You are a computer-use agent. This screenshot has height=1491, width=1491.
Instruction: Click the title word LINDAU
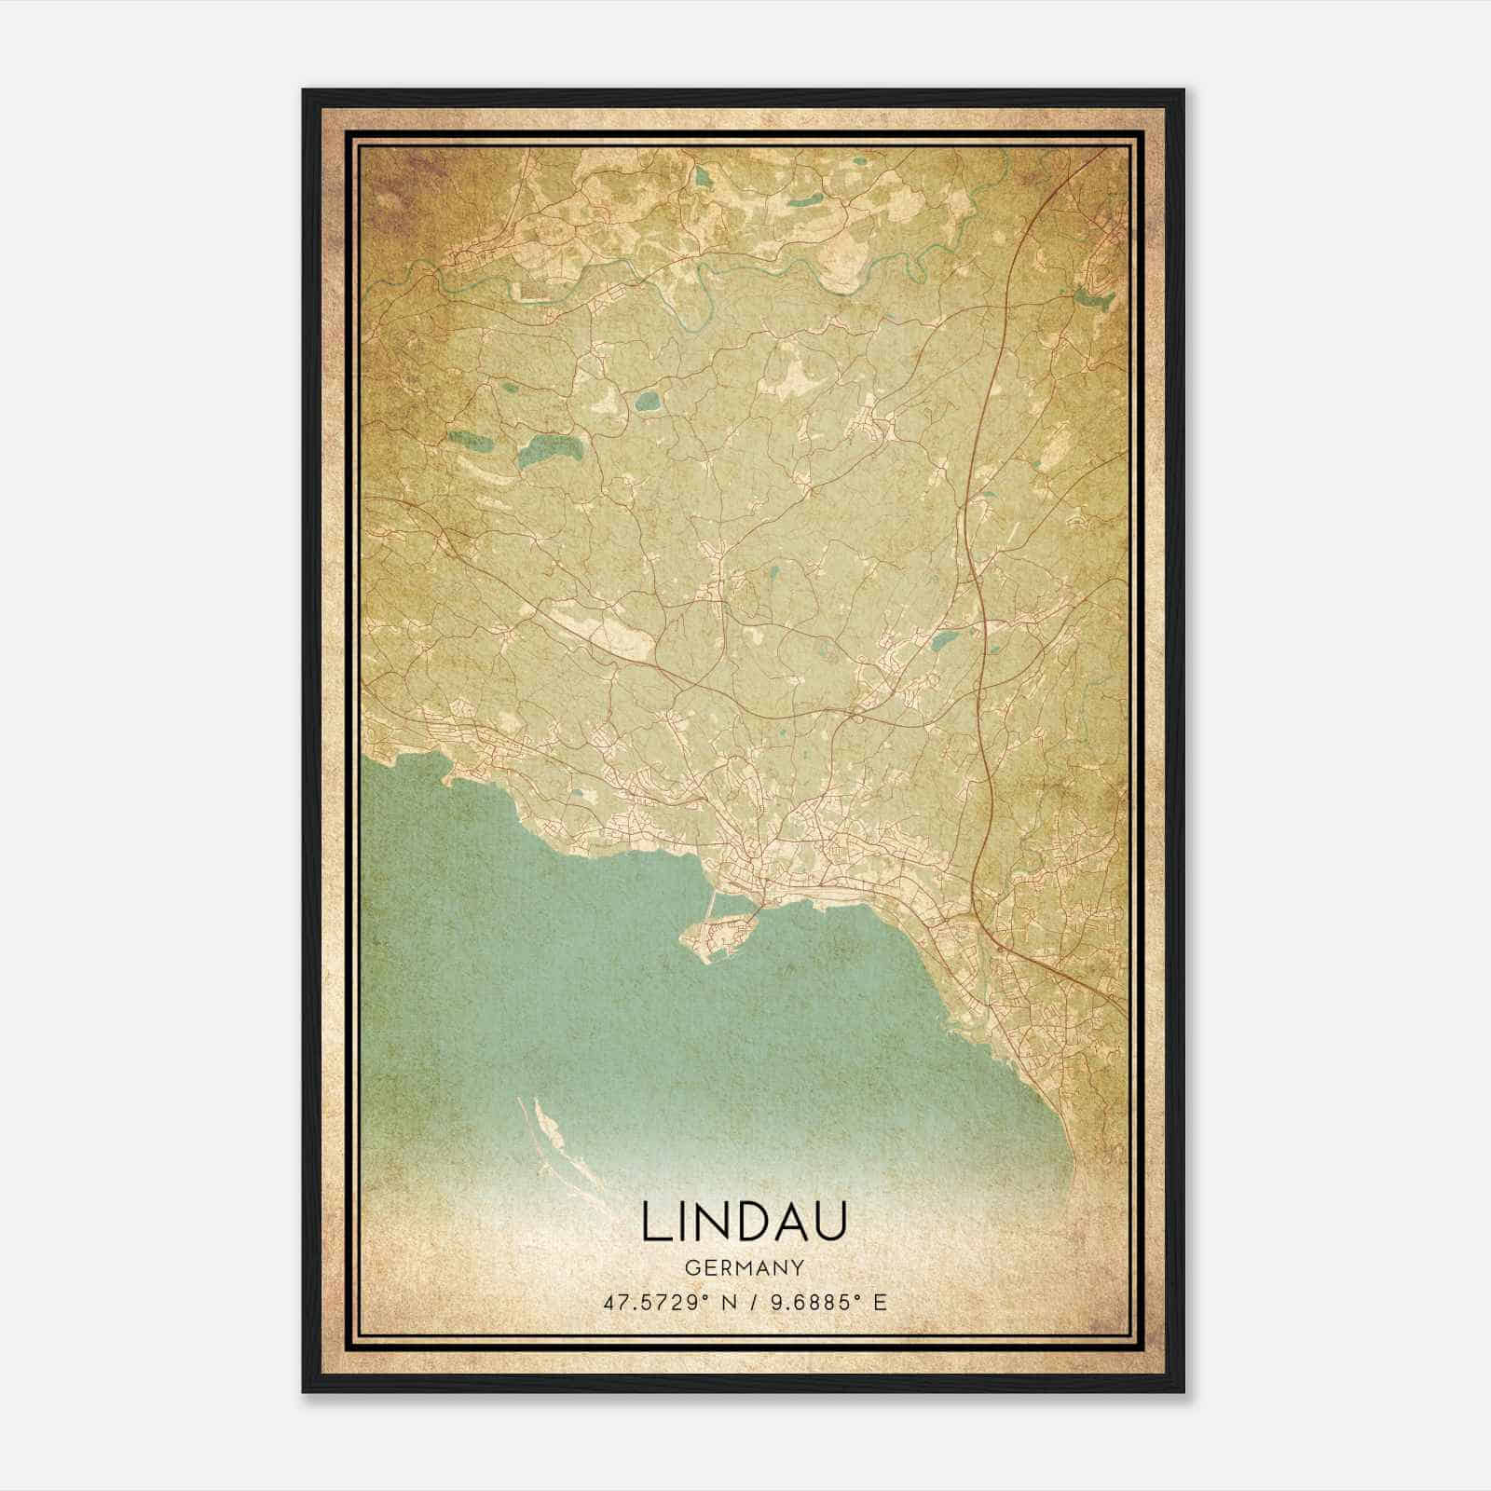tap(744, 1223)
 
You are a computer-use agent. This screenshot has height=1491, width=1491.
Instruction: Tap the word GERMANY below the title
tap(744, 1268)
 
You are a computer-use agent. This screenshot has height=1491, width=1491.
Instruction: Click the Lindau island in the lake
tap(718, 933)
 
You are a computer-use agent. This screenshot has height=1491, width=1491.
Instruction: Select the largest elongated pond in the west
tap(550, 452)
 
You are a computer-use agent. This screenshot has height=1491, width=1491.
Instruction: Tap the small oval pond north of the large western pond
tap(646, 403)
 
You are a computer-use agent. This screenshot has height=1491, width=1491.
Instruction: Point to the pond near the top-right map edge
tap(1093, 298)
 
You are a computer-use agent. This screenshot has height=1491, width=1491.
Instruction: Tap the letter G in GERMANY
tap(691, 1268)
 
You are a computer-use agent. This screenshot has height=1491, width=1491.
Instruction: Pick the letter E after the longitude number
tap(879, 1302)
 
